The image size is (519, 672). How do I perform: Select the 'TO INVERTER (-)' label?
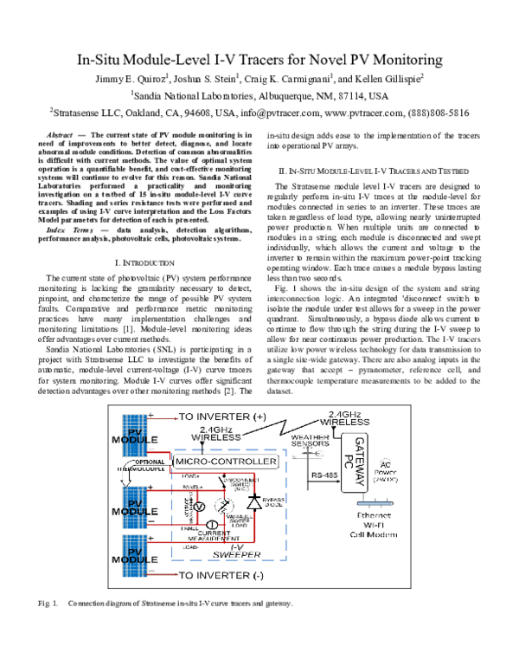221,575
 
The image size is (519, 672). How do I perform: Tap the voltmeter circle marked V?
198,506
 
